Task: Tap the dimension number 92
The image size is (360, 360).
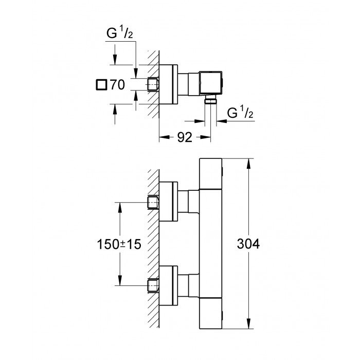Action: coord(185,137)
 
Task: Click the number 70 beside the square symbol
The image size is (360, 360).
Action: coord(117,85)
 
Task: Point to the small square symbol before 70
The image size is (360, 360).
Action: coord(101,85)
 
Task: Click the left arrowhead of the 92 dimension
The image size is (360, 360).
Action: coord(163,137)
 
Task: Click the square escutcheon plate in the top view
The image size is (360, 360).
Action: coord(169,84)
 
